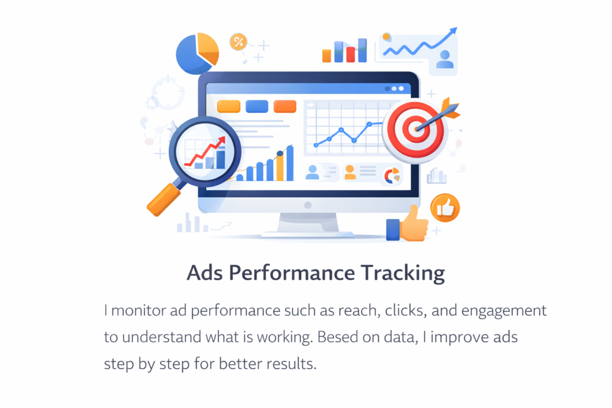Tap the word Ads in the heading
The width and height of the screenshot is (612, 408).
coord(205,272)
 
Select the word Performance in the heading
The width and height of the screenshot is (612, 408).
coord(292,272)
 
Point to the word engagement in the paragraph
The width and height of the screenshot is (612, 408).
coord(504,311)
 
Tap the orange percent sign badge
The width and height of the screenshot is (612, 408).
coord(238,41)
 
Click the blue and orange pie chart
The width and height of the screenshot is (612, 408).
coord(197,54)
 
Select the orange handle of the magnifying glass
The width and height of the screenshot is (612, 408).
coord(164,200)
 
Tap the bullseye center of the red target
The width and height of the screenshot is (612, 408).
coord(416,129)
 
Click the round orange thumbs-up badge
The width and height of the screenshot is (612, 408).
coord(445,208)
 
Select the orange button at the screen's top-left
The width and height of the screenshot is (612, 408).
coord(229,106)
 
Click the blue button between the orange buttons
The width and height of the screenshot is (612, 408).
coord(257,106)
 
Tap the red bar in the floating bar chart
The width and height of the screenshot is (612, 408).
coord(350,54)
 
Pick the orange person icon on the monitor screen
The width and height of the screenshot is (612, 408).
coord(350,172)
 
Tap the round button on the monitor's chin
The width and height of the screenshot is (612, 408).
coord(308,205)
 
